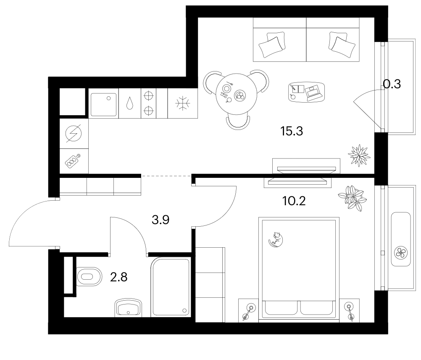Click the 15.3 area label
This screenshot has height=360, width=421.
(292, 131)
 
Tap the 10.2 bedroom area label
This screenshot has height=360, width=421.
(294, 201)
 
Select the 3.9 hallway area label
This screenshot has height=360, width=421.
(161, 220)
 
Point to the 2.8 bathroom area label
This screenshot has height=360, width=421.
(118, 277)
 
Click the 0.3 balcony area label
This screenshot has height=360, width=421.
(392, 84)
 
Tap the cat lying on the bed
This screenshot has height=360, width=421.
(276, 239)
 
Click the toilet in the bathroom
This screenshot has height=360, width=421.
(89, 276)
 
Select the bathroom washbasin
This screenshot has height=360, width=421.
(128, 307)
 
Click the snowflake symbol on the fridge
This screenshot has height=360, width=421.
(183, 103)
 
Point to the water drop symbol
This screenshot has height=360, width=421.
(130, 103)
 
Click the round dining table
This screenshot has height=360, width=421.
(237, 94)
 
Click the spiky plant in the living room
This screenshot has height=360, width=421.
(359, 155)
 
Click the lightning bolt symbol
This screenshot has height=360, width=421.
(74, 133)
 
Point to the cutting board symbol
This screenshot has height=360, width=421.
(73, 161)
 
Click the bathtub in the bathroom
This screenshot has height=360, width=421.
(171, 287)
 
